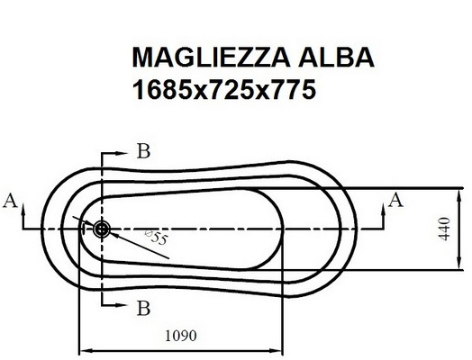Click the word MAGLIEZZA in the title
(211, 57)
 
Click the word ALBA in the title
(336, 57)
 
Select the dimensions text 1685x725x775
(224, 90)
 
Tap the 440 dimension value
(445, 229)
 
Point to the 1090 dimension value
(181, 336)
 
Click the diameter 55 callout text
(157, 238)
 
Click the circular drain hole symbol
(102, 229)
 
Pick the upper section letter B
(143, 151)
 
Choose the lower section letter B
(143, 308)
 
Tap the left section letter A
(10, 201)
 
